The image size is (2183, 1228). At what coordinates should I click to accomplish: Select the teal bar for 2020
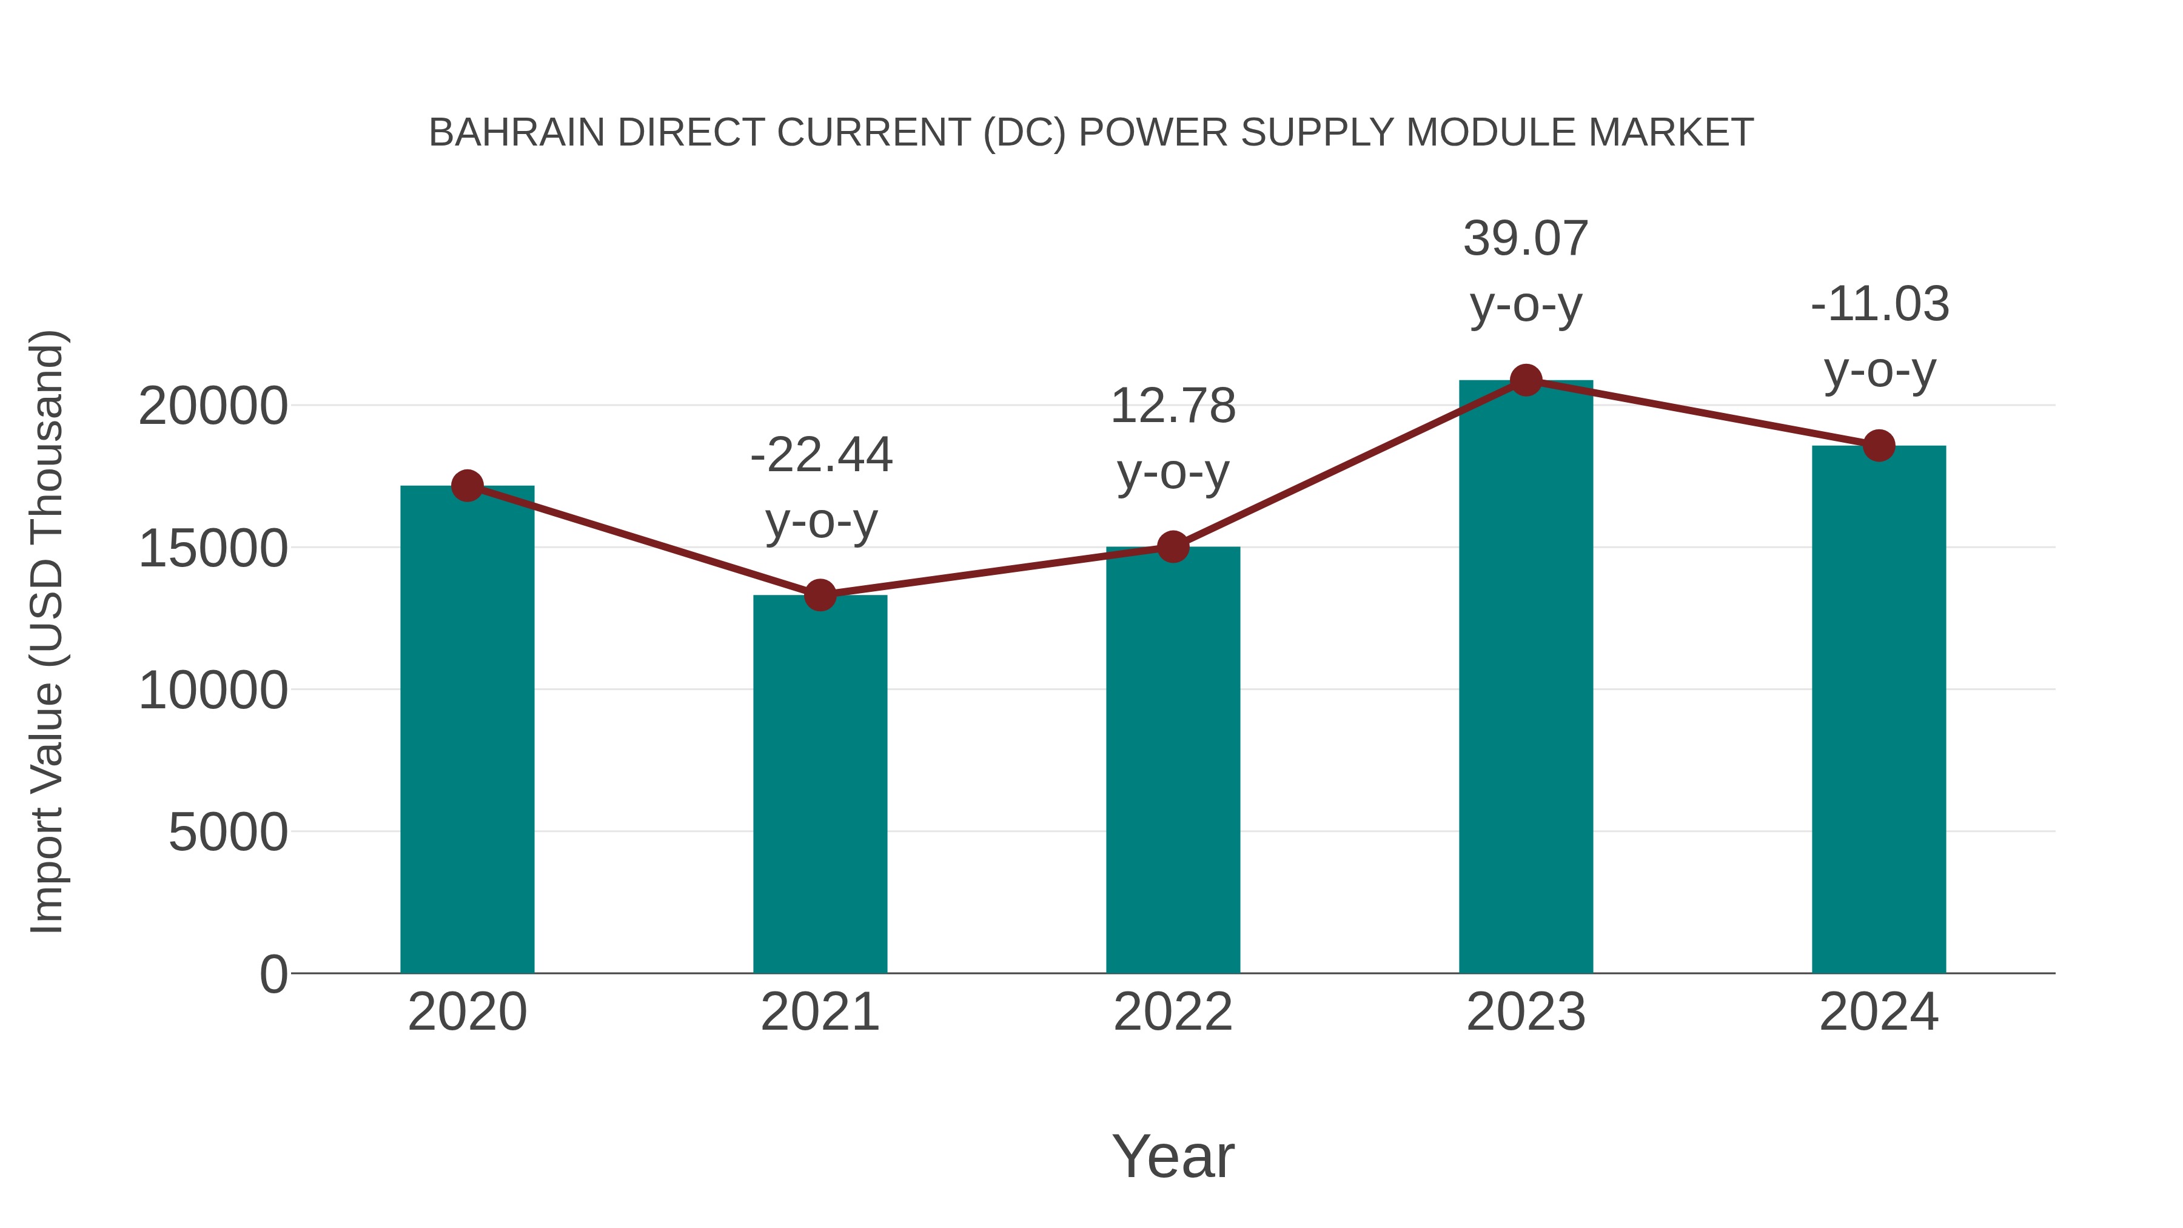click(x=467, y=729)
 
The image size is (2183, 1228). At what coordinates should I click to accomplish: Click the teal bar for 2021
click(x=819, y=784)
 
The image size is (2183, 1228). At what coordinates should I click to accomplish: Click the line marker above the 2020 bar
click(x=467, y=486)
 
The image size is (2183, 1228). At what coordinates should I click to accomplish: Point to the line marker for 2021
click(x=819, y=595)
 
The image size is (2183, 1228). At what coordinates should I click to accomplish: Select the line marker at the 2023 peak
click(x=1526, y=380)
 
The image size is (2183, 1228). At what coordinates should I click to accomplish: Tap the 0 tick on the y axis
click(x=273, y=974)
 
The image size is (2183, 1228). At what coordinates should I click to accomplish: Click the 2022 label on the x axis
click(x=1173, y=1012)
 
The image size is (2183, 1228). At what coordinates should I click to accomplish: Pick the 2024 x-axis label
click(x=1879, y=1012)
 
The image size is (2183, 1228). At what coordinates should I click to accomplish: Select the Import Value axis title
click(x=47, y=631)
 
